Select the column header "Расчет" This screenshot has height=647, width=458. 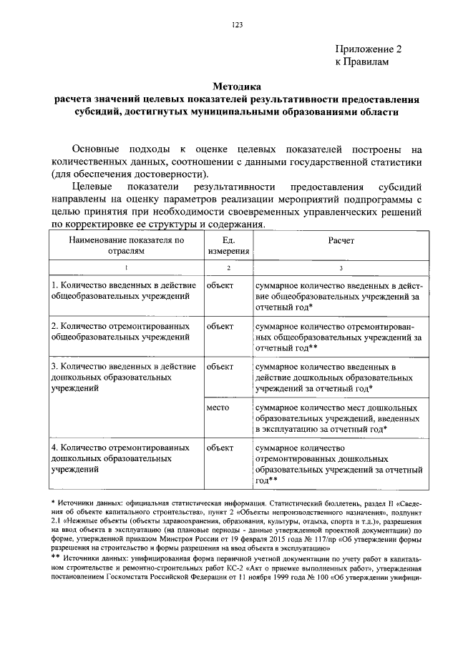point(341,241)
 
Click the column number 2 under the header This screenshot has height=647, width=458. point(229,267)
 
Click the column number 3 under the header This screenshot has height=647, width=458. point(341,267)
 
